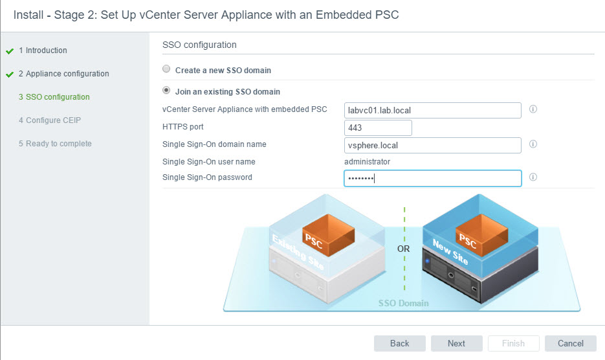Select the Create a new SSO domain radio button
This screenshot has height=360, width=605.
tap(166, 70)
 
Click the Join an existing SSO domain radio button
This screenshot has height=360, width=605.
tap(166, 91)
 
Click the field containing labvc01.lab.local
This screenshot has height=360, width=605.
tap(432, 110)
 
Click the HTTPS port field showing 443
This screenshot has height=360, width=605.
tap(378, 128)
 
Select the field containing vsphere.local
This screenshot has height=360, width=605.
tap(432, 145)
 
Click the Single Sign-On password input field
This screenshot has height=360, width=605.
tap(432, 178)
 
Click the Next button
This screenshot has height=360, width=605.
tap(456, 343)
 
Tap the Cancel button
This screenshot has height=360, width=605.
tap(570, 343)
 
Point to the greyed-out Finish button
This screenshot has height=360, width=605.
tap(513, 343)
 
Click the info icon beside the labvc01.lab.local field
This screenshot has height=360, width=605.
tap(533, 109)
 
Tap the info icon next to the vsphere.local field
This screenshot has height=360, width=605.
tap(533, 144)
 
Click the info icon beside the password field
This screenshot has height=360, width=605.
tap(533, 177)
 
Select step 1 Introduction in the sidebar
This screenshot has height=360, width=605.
tap(43, 51)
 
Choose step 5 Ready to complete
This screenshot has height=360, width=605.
tap(55, 144)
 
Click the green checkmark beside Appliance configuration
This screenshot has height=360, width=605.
tap(9, 74)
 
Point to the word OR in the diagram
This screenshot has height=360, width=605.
tap(404, 248)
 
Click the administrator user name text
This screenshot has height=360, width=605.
tap(367, 162)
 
